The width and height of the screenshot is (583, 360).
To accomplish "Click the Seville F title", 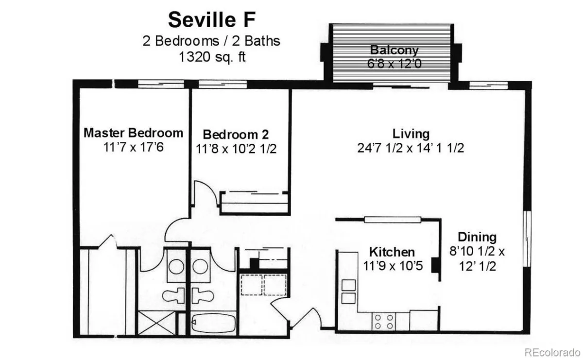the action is coord(211,19).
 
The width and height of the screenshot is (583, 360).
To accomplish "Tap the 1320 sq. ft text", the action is coord(212,57).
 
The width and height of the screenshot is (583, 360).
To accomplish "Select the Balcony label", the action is coord(394,50).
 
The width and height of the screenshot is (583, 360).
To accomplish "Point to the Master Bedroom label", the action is coord(133,133).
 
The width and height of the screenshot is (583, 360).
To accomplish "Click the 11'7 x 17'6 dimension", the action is coord(133,147).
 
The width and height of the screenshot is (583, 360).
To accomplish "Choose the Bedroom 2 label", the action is coord(236,135).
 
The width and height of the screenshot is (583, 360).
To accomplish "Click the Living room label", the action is coord(411,134).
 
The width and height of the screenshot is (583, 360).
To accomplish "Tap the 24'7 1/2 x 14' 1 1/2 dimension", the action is coord(411,148).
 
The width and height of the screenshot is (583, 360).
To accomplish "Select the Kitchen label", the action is coord(392,252).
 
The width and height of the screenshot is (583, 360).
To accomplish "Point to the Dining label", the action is coord(477,237).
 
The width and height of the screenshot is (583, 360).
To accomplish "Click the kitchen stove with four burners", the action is coord(384,321).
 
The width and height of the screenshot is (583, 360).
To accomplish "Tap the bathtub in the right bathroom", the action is coord(213,323).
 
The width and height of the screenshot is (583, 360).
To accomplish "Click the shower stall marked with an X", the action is coord(156,323).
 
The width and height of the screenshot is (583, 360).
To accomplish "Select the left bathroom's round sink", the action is coord(176,267).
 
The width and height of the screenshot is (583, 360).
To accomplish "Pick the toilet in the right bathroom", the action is coord(203,295).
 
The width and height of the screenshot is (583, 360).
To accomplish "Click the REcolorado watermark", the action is coord(552,352).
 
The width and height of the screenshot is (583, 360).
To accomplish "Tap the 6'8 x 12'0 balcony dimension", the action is coord(394,64).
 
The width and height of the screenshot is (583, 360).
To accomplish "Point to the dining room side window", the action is coord(527,239).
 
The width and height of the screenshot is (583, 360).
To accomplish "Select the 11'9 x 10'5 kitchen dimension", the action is coord(393,266).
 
